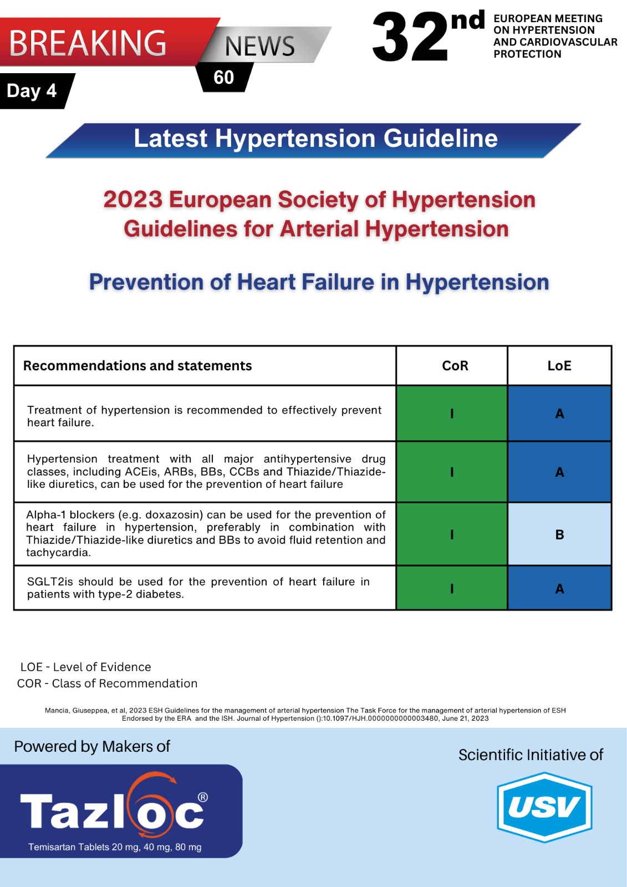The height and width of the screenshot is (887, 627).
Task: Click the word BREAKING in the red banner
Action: click(x=88, y=43)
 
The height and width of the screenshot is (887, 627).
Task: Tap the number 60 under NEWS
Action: click(x=224, y=78)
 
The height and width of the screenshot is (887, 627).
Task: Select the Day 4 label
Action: click(x=32, y=91)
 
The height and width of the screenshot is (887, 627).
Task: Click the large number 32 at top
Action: click(x=410, y=38)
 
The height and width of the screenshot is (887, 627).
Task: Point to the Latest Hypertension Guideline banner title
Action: click(x=315, y=139)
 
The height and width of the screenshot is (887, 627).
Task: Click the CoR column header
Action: click(x=455, y=366)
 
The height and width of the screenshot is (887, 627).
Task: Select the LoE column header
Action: click(x=559, y=366)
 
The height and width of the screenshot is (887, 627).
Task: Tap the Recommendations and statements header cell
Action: click(x=137, y=366)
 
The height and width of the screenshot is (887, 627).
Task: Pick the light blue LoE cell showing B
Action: click(x=559, y=534)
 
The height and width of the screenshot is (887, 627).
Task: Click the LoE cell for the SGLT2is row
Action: click(x=559, y=588)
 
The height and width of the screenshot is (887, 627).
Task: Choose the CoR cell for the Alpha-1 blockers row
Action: click(x=452, y=534)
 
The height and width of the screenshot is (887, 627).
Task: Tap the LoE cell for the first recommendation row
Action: click(x=559, y=414)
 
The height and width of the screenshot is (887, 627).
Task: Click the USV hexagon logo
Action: click(x=544, y=807)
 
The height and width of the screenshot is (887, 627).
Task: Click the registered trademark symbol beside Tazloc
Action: click(x=203, y=797)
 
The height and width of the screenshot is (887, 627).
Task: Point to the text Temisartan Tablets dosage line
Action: click(x=115, y=847)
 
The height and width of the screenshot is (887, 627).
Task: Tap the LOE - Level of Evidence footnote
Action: click(x=85, y=667)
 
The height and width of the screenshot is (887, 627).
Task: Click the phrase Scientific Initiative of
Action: click(x=531, y=755)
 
